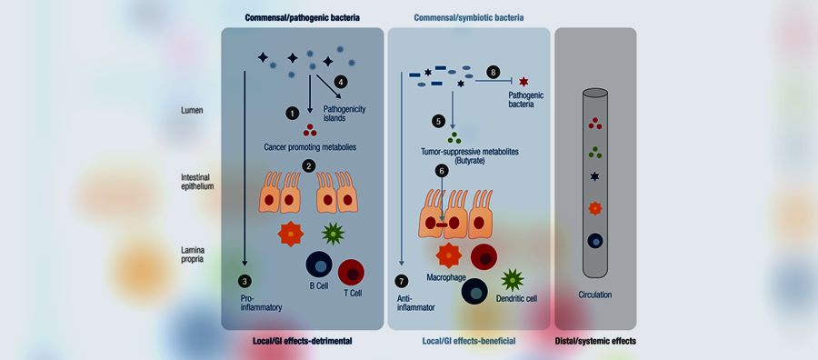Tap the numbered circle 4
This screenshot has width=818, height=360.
(x=341, y=82)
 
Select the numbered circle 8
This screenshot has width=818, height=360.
(x=493, y=72)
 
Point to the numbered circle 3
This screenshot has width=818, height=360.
(x=244, y=281)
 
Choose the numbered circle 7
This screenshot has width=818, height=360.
(x=401, y=282)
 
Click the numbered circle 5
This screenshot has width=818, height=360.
(x=439, y=121)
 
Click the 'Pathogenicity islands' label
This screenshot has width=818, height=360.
(x=344, y=114)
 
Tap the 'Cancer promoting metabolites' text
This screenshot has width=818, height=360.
(x=311, y=147)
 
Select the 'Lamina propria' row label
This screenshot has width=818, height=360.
(x=188, y=254)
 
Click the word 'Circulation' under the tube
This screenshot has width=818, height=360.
(x=595, y=295)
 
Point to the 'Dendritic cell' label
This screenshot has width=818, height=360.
(x=515, y=299)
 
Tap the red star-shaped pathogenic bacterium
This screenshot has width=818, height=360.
(x=524, y=82)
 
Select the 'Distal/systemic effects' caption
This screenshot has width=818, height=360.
(x=595, y=341)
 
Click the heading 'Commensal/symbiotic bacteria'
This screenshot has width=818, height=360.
(x=468, y=18)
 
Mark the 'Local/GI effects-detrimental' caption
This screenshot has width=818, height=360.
(x=303, y=341)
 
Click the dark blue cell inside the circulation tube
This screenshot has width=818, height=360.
(x=595, y=241)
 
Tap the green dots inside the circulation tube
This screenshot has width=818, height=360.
(x=595, y=153)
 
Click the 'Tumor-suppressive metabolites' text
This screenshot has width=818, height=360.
(x=469, y=151)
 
